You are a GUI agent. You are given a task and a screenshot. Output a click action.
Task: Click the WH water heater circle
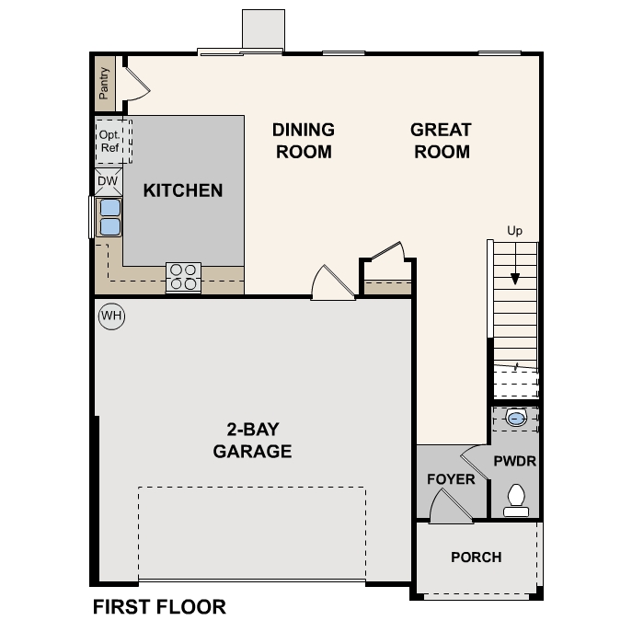pos(111,316)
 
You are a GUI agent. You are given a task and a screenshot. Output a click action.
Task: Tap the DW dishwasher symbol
pos(109,181)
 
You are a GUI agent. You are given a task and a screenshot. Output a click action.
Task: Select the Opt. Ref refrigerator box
pos(110,141)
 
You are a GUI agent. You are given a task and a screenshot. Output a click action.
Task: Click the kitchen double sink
pos(109,217)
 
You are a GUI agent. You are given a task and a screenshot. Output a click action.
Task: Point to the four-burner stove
pos(183,277)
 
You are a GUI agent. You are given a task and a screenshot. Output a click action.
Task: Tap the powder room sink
pos(517,419)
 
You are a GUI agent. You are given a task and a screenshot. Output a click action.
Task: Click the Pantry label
pos(104,83)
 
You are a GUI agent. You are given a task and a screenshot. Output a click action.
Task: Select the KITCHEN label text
pos(182,190)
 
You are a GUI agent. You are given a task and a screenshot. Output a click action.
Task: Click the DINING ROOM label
pos(303,141)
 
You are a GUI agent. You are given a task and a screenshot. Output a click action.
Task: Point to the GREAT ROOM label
pos(441,141)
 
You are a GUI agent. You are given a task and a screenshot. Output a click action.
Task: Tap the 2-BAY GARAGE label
pos(252,440)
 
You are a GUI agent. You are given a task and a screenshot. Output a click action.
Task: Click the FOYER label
pos(451,479)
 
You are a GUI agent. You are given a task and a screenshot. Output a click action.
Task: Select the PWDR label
pos(514,461)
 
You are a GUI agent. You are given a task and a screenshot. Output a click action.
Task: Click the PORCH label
pos(476,557)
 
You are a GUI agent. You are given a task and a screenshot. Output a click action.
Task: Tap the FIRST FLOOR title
pos(159,607)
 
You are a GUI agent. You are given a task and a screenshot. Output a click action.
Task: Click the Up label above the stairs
pos(514,231)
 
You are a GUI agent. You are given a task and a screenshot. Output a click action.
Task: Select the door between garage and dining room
pos(331,283)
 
